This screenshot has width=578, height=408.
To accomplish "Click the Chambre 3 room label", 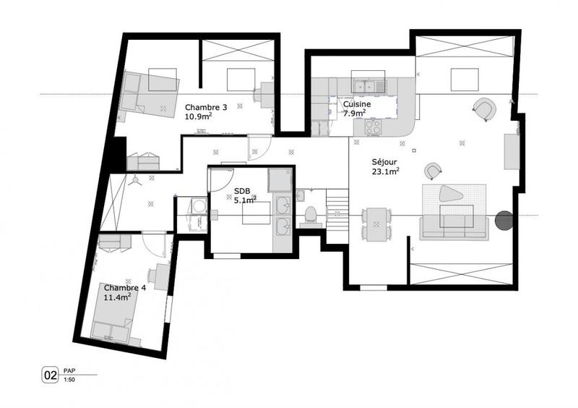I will pos(206,107).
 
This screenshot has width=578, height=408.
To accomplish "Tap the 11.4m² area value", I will pos(116,297).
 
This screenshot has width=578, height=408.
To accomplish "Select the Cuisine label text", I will pos(357,104).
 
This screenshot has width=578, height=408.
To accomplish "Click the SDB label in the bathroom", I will pos(241,192).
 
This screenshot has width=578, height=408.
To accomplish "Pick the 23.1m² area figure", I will pos(386,172).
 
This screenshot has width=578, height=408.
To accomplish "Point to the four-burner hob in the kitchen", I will pos(373,126).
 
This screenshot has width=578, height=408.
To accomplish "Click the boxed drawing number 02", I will pos(51,375).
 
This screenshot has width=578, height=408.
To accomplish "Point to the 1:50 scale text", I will pos(69,380).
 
